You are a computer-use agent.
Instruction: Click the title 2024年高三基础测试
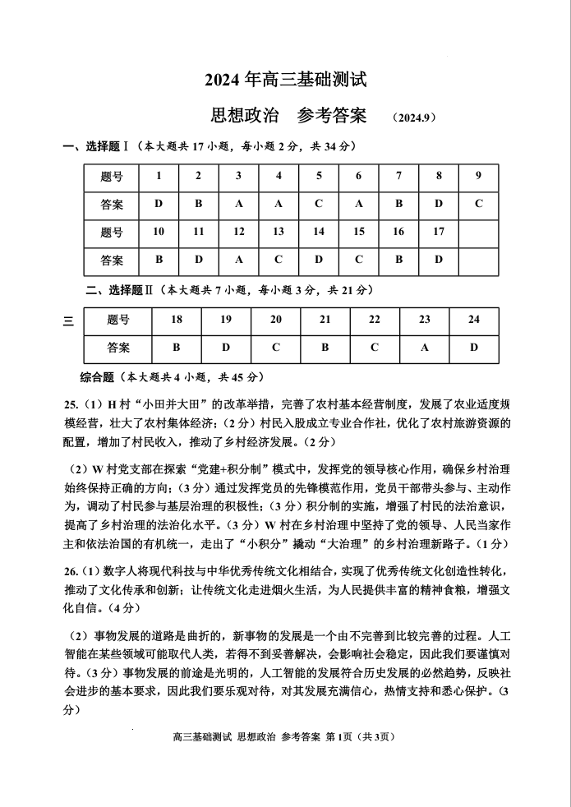pyautogui.click(x=285, y=80)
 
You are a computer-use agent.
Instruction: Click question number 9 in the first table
pyautogui.click(x=478, y=176)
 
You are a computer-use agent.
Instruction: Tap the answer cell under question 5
pyautogui.click(x=319, y=204)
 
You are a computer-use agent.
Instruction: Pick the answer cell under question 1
pyautogui.click(x=159, y=204)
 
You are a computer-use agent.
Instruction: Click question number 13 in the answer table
pyautogui.click(x=279, y=232)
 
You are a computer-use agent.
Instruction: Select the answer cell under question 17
pyautogui.click(x=439, y=260)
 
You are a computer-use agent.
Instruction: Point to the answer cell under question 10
pyautogui.click(x=159, y=260)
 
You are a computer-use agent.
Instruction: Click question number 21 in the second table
pyautogui.click(x=325, y=320)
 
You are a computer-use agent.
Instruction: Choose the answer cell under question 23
pyautogui.click(x=424, y=348)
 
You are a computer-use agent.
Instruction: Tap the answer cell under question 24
pyautogui.click(x=474, y=348)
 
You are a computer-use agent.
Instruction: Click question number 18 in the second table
pyautogui.click(x=177, y=320)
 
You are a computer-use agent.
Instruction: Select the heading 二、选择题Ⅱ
pyautogui.click(x=121, y=290)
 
